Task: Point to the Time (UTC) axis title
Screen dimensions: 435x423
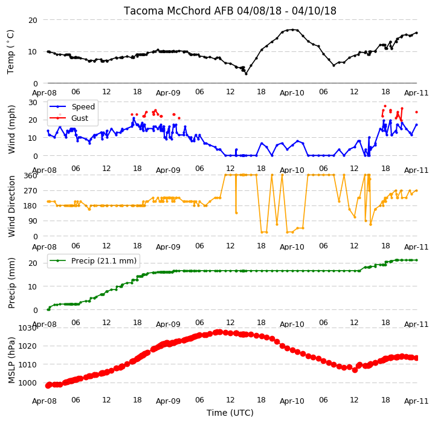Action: [230, 413]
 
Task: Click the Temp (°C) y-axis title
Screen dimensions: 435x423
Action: [10, 52]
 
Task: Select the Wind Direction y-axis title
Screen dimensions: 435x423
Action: [11, 206]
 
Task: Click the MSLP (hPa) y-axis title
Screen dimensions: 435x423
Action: [11, 360]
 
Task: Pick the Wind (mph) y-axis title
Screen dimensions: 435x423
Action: [11, 129]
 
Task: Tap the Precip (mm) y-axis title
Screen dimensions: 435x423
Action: [11, 283]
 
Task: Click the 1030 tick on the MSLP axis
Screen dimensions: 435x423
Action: [27, 328]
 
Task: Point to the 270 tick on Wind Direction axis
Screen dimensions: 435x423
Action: [31, 191]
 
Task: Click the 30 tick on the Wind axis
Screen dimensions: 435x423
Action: [33, 102]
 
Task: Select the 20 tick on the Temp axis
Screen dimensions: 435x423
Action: [33, 21]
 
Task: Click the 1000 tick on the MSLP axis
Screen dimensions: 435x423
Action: [27, 383]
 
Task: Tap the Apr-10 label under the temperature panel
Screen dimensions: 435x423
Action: [292, 92]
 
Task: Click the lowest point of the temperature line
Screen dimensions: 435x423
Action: [246, 74]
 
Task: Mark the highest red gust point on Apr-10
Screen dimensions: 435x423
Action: [385, 106]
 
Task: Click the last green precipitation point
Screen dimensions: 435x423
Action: [416, 260]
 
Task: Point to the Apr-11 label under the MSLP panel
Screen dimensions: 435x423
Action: [416, 401]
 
